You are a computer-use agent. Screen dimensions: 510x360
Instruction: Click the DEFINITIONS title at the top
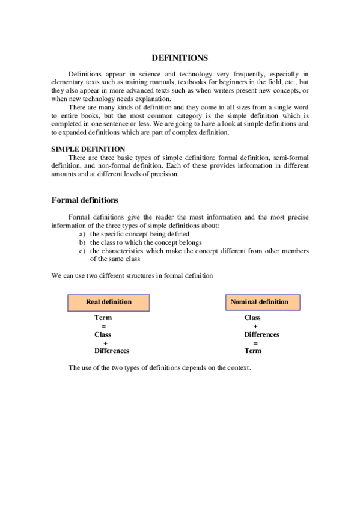[x=180, y=58]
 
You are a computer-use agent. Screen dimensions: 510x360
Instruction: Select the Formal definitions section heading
[x=85, y=200]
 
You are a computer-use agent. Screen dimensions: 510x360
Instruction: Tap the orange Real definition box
[x=109, y=302]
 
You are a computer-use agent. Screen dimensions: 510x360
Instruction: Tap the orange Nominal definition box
[x=259, y=302]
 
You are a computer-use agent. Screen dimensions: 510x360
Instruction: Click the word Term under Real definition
[x=103, y=318]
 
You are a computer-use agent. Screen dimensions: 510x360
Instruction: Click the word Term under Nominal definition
[x=252, y=351]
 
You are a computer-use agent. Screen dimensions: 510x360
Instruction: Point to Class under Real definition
[x=103, y=334]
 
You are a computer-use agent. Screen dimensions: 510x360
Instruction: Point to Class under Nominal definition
[x=252, y=318]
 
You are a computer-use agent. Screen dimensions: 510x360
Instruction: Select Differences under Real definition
[x=111, y=351]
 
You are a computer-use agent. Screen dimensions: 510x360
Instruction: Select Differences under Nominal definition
[x=261, y=334]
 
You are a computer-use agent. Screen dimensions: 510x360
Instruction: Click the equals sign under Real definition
[x=103, y=326]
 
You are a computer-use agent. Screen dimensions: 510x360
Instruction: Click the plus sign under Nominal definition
[x=255, y=326]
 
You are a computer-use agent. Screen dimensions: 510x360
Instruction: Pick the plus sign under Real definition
[x=105, y=343]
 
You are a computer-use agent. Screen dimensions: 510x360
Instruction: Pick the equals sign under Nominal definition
[x=255, y=343]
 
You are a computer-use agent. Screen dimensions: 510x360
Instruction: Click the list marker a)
[x=82, y=234]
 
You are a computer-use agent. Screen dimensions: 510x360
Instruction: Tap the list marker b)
[x=82, y=242]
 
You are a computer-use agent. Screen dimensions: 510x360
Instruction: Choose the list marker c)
[x=82, y=251]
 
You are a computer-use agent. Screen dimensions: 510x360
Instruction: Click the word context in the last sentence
[x=237, y=367]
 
